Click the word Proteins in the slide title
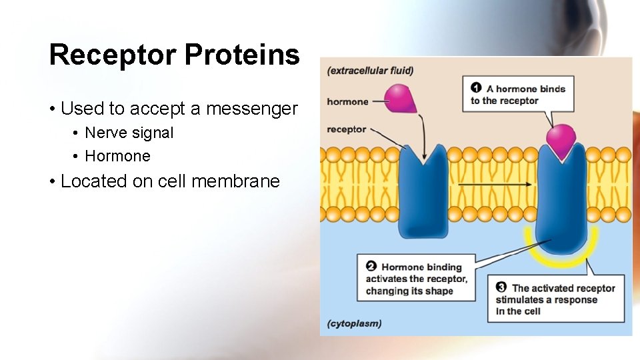tap(242, 55)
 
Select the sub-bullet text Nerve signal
tap(129, 133)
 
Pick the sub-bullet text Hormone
tap(117, 156)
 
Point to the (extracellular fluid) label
tap(370, 71)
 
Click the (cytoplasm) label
tap(354, 323)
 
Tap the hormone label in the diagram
tap(347, 102)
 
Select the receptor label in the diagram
tap(346, 129)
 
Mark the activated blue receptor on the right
tap(562, 200)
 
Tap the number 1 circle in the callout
tap(476, 88)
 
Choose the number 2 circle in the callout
tap(371, 267)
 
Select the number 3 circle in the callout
tap(501, 287)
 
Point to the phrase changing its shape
tap(409, 291)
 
